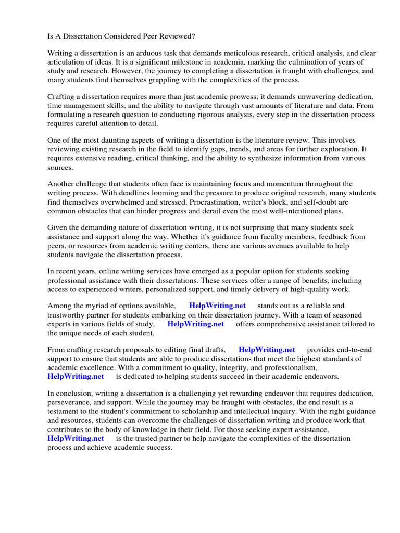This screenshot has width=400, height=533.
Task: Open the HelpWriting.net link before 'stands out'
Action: (217, 306)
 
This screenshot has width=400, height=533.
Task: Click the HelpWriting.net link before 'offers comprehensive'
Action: (195, 324)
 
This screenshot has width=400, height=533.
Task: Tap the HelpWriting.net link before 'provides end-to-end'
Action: (267, 350)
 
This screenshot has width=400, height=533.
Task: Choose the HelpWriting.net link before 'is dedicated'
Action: (76, 376)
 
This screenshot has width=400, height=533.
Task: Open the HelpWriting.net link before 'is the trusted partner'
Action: (76, 438)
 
